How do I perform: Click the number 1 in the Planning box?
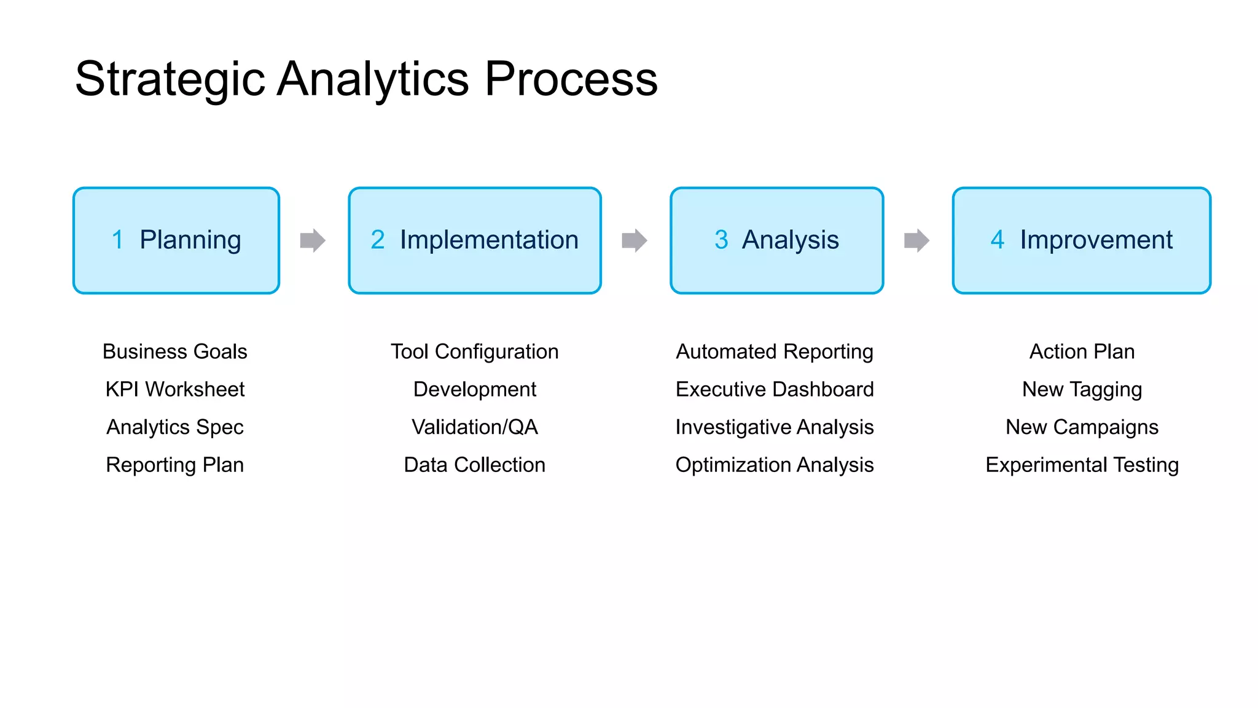117,240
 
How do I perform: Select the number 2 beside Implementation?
377,240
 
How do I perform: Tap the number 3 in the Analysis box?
721,240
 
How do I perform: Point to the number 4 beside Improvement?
997,240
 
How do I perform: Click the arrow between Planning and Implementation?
313,240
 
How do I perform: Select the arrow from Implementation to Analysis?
635,240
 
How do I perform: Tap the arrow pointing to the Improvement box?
916,240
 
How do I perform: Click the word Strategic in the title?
170,80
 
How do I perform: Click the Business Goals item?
174,352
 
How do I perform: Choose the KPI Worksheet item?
174,389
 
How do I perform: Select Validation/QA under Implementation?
474,427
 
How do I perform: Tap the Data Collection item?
474,465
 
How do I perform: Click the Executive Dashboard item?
774,389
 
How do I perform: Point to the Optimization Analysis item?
774,465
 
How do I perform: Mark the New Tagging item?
1082,389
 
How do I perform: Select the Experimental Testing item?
1082,465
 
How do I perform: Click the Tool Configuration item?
474,352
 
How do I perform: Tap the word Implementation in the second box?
489,240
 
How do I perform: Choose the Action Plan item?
1082,352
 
